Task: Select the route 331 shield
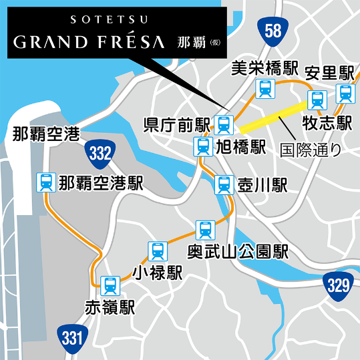pyautogui.click(x=71, y=337)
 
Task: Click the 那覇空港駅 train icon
pyautogui.click(x=46, y=181)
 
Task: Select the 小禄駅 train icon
pyautogui.click(x=157, y=250)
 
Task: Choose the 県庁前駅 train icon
pyautogui.click(x=224, y=124)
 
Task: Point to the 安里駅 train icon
pyautogui.click(x=345, y=93)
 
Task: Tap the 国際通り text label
pyautogui.click(x=310, y=150)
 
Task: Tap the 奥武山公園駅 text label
pyautogui.click(x=237, y=252)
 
